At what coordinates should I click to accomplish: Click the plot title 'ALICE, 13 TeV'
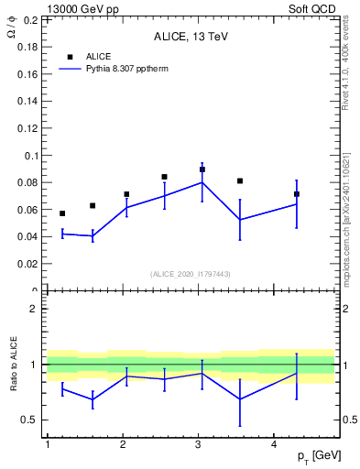point(190,38)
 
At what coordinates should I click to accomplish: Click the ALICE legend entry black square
point(70,57)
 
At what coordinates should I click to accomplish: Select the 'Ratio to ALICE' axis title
point(13,365)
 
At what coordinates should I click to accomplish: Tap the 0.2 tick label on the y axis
point(28,20)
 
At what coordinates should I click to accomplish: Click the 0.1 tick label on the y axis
point(28,156)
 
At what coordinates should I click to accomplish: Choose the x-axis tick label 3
point(199,444)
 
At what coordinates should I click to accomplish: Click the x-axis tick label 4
point(275,444)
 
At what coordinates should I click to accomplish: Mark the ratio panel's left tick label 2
point(34,310)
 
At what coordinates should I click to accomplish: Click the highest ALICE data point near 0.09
point(202,169)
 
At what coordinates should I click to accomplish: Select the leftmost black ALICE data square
point(62,213)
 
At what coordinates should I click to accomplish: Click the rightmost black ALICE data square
point(297,194)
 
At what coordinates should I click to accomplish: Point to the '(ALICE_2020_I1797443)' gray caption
point(190,274)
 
